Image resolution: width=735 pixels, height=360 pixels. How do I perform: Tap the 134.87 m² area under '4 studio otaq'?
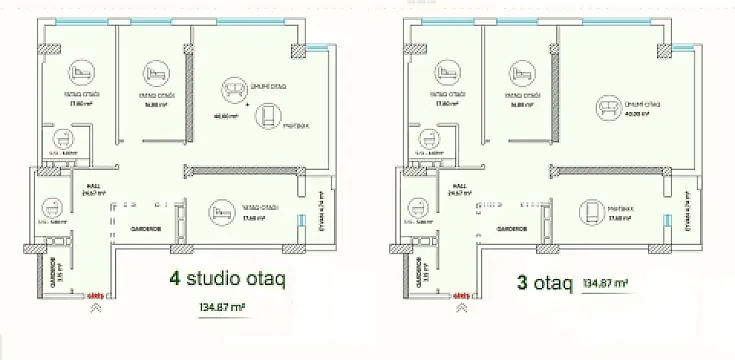click(223, 308)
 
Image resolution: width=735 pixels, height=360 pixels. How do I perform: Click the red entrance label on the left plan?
click(96, 296)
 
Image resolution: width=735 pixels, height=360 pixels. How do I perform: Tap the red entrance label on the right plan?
click(462, 296)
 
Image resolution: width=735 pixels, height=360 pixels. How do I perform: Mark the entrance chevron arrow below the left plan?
click(96, 309)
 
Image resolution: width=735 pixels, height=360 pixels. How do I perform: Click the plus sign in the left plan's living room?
click(248, 103)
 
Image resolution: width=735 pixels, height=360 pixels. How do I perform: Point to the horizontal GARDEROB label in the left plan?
click(142, 228)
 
